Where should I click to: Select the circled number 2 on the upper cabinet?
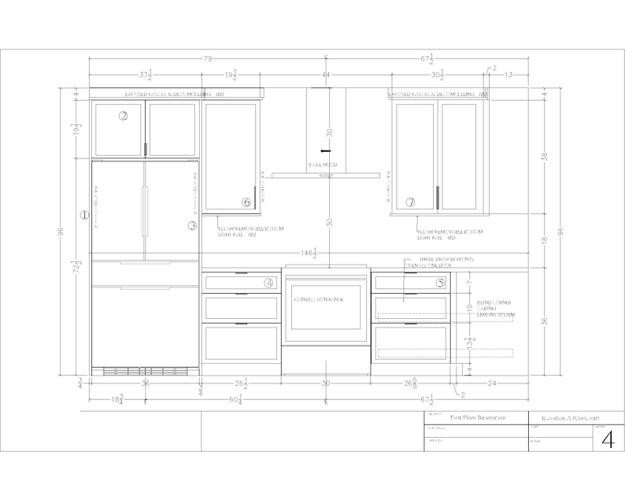click(x=124, y=116)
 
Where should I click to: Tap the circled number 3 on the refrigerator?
click(x=191, y=225)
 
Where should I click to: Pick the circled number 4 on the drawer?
click(x=269, y=282)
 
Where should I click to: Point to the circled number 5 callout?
click(x=441, y=282)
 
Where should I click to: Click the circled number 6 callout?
click(x=246, y=202)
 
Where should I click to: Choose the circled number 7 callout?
click(x=410, y=202)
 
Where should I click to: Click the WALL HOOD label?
click(x=326, y=165)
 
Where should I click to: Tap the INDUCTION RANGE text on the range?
click(x=325, y=300)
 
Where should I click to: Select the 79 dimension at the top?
click(x=208, y=59)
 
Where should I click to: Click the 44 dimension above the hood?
click(x=326, y=76)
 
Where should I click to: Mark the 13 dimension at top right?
click(x=509, y=76)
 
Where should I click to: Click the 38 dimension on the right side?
click(x=544, y=156)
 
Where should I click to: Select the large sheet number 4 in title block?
click(x=606, y=439)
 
